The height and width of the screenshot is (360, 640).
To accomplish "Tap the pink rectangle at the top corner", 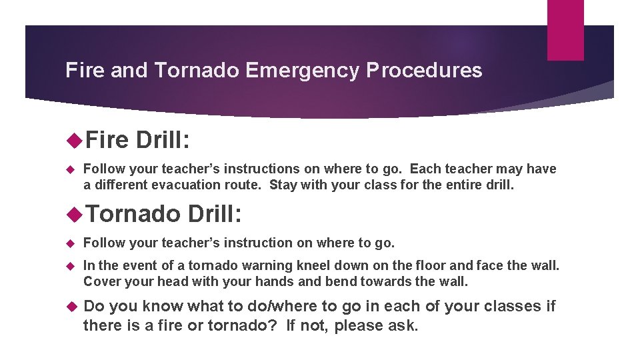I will (565, 29).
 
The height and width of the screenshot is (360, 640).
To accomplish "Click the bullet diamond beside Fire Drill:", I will (75, 140).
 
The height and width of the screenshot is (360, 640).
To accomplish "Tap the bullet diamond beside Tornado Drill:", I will (75, 213).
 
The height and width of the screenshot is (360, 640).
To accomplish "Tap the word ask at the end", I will (405, 325).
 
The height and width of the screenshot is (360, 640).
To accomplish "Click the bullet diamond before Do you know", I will (74, 306).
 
